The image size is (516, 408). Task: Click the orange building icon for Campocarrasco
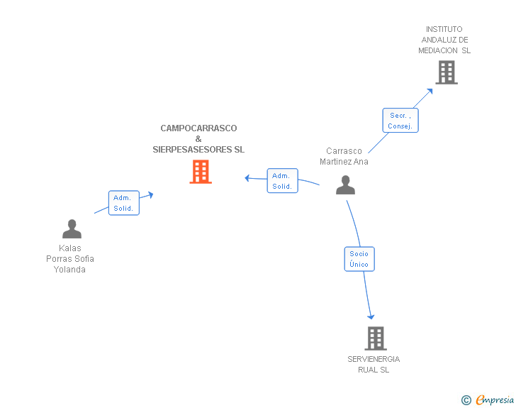(x=201, y=172)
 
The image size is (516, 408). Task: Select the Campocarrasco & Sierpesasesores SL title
(x=198, y=139)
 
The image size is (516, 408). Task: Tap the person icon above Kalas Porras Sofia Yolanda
(x=72, y=228)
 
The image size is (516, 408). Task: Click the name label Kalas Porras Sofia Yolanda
(x=69, y=259)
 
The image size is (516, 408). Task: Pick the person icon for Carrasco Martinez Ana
(x=345, y=185)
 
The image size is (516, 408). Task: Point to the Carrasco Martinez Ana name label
(x=344, y=156)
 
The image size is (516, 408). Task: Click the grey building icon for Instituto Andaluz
(x=447, y=72)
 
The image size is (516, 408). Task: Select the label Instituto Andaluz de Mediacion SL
(x=444, y=40)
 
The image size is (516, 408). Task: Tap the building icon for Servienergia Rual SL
(x=376, y=338)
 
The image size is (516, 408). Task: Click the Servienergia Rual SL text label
(x=374, y=364)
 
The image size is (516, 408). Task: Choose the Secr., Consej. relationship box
(x=400, y=121)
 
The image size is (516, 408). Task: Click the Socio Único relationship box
(x=359, y=259)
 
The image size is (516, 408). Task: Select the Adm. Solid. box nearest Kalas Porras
(x=124, y=203)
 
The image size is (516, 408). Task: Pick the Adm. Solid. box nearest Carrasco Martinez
(x=282, y=181)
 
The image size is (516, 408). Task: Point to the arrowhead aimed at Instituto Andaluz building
(x=430, y=92)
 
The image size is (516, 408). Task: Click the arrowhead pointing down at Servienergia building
(x=371, y=316)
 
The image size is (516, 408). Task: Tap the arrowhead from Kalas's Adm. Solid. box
(x=151, y=194)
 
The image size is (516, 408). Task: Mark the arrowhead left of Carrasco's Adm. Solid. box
(x=247, y=178)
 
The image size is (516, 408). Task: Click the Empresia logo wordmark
(x=495, y=399)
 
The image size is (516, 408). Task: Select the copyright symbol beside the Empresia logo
(x=466, y=400)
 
